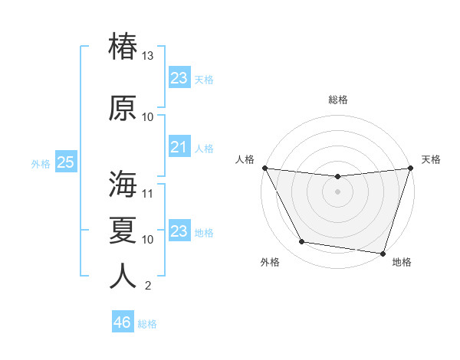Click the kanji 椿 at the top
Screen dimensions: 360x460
click(x=123, y=46)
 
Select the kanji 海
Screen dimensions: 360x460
click(x=123, y=184)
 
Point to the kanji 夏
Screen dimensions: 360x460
click(x=123, y=229)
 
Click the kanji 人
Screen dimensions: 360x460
click(x=123, y=276)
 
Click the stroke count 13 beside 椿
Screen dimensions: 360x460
click(x=148, y=56)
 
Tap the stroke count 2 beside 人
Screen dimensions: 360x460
click(x=148, y=286)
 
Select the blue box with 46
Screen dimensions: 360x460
click(x=123, y=322)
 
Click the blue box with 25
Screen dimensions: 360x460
click(x=65, y=162)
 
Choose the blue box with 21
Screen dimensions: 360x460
click(x=179, y=147)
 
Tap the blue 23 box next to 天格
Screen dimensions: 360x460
click(x=179, y=78)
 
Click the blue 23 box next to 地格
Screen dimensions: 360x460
click(x=179, y=231)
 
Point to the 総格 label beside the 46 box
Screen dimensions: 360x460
click(x=147, y=324)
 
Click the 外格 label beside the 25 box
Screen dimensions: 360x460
click(x=41, y=163)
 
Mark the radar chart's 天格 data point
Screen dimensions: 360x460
click(x=410, y=168)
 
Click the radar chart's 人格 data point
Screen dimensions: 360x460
click(x=264, y=168)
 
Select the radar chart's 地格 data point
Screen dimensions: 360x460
click(x=383, y=253)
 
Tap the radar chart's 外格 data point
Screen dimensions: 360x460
click(x=302, y=242)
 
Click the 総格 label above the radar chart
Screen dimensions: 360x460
click(x=337, y=100)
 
